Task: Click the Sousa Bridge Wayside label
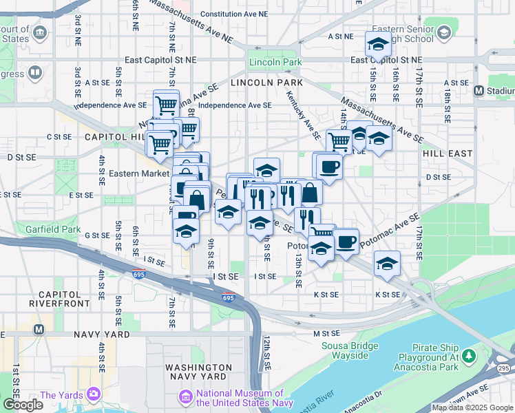click(x=349, y=350)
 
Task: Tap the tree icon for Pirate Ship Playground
click(x=469, y=355)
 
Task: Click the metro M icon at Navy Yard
click(x=39, y=329)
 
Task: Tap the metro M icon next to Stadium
click(x=479, y=90)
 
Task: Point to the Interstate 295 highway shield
click(x=503, y=370)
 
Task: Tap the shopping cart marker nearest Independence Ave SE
click(x=166, y=105)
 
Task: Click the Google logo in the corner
click(x=23, y=404)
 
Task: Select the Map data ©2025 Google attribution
click(x=473, y=407)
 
